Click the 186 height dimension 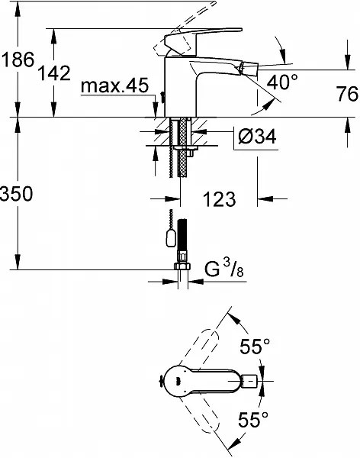(18, 60)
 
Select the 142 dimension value (55, 73)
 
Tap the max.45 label (114, 85)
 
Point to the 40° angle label (283, 82)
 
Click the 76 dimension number (347, 94)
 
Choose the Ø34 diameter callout (257, 137)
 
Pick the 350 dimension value (16, 194)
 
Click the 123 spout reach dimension (219, 199)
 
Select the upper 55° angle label (255, 347)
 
